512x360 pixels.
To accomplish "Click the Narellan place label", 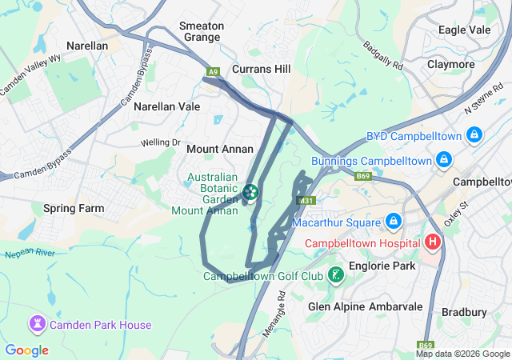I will [x=87, y=46].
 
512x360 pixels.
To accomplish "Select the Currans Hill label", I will [x=261, y=70].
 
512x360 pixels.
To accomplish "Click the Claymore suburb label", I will [x=451, y=64].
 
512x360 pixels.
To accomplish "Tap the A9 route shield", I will [x=213, y=72].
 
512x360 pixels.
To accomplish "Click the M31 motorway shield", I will [x=305, y=201].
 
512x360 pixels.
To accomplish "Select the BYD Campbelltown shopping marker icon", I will [x=474, y=136].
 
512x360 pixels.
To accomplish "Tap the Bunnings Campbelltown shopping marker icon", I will [x=441, y=162].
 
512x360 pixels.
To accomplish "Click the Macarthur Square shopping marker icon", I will [x=393, y=220].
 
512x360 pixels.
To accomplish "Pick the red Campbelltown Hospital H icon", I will [x=433, y=241].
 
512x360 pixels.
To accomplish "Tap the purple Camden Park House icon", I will [x=37, y=324].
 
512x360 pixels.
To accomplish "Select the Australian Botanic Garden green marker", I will [x=250, y=192].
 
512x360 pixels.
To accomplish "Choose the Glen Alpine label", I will [x=336, y=306].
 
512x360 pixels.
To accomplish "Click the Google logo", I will [x=27, y=350].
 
